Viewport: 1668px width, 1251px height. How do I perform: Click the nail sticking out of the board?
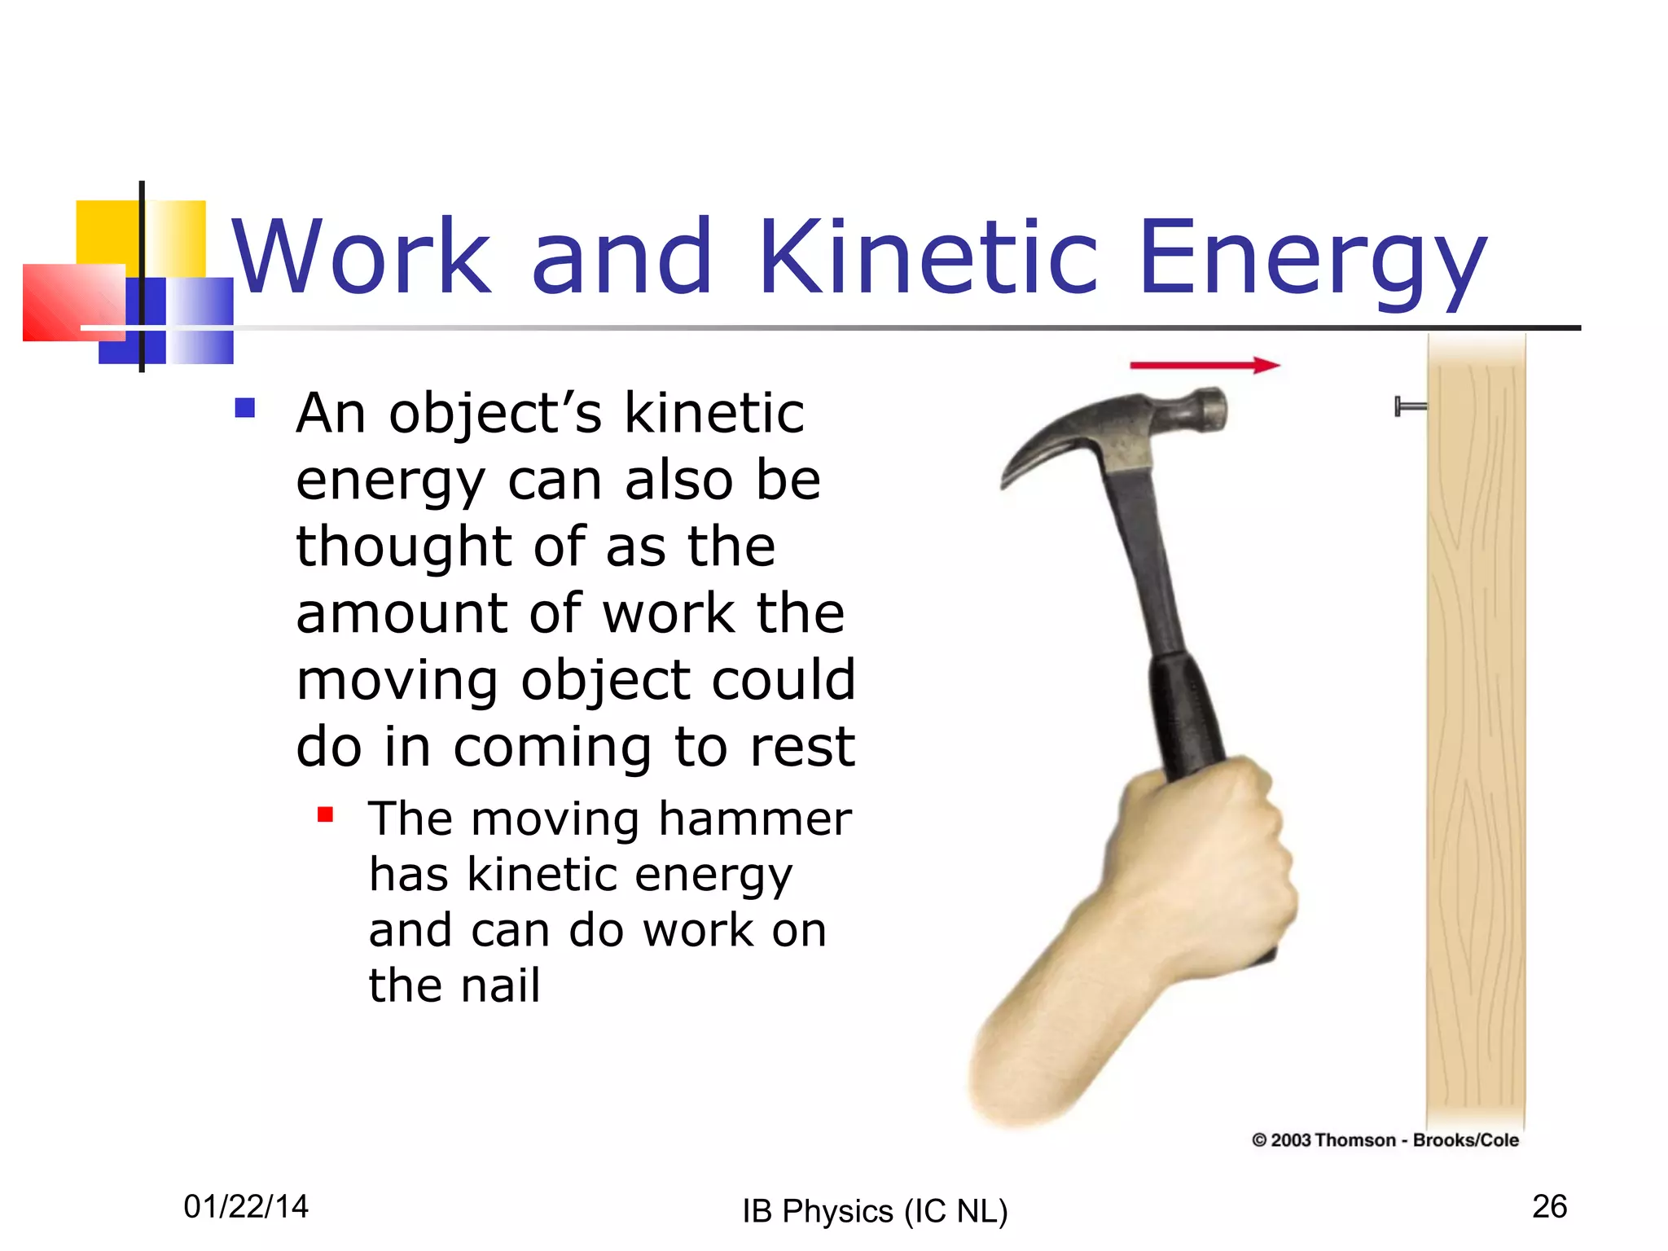[1410, 406]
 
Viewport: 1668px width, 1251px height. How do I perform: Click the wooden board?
[1475, 733]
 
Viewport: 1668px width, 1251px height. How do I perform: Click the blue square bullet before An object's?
[244, 407]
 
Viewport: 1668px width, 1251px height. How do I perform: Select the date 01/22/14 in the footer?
[246, 1206]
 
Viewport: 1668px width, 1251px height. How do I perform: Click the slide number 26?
[1549, 1206]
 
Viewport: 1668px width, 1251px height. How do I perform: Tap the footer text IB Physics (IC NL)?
[875, 1211]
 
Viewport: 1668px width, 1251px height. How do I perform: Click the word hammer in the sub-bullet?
[754, 819]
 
